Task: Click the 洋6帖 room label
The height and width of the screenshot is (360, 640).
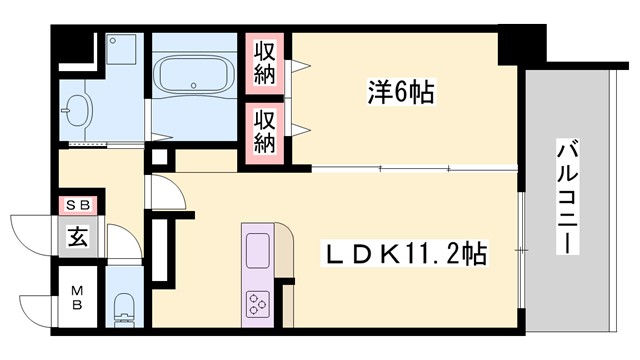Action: coord(397,94)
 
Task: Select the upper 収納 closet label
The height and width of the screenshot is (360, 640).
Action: coord(265,62)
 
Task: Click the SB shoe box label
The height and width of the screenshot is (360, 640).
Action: coord(77,206)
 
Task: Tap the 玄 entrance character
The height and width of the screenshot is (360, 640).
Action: coord(77,237)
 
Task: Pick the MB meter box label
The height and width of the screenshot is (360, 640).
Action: coord(77,297)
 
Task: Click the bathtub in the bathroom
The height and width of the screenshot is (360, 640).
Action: coord(195,77)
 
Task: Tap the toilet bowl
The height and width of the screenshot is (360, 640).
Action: coord(124,304)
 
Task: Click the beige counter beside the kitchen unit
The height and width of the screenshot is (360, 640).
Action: coord(285,255)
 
